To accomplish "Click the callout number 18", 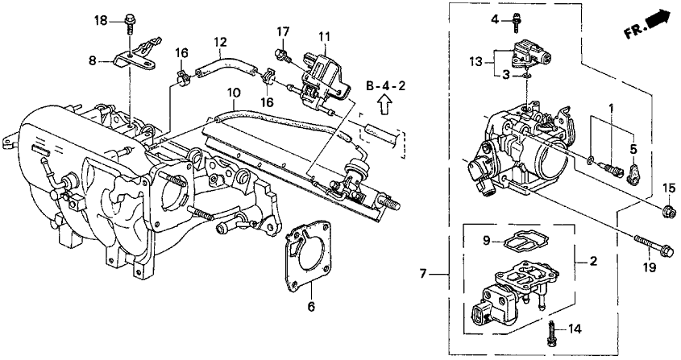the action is click(101, 21).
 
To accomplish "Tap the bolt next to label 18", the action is click(130, 25).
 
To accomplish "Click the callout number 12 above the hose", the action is click(220, 42).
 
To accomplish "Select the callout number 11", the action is click(325, 36).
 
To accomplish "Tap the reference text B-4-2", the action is click(385, 86).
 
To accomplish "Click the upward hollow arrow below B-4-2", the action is click(384, 105).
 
